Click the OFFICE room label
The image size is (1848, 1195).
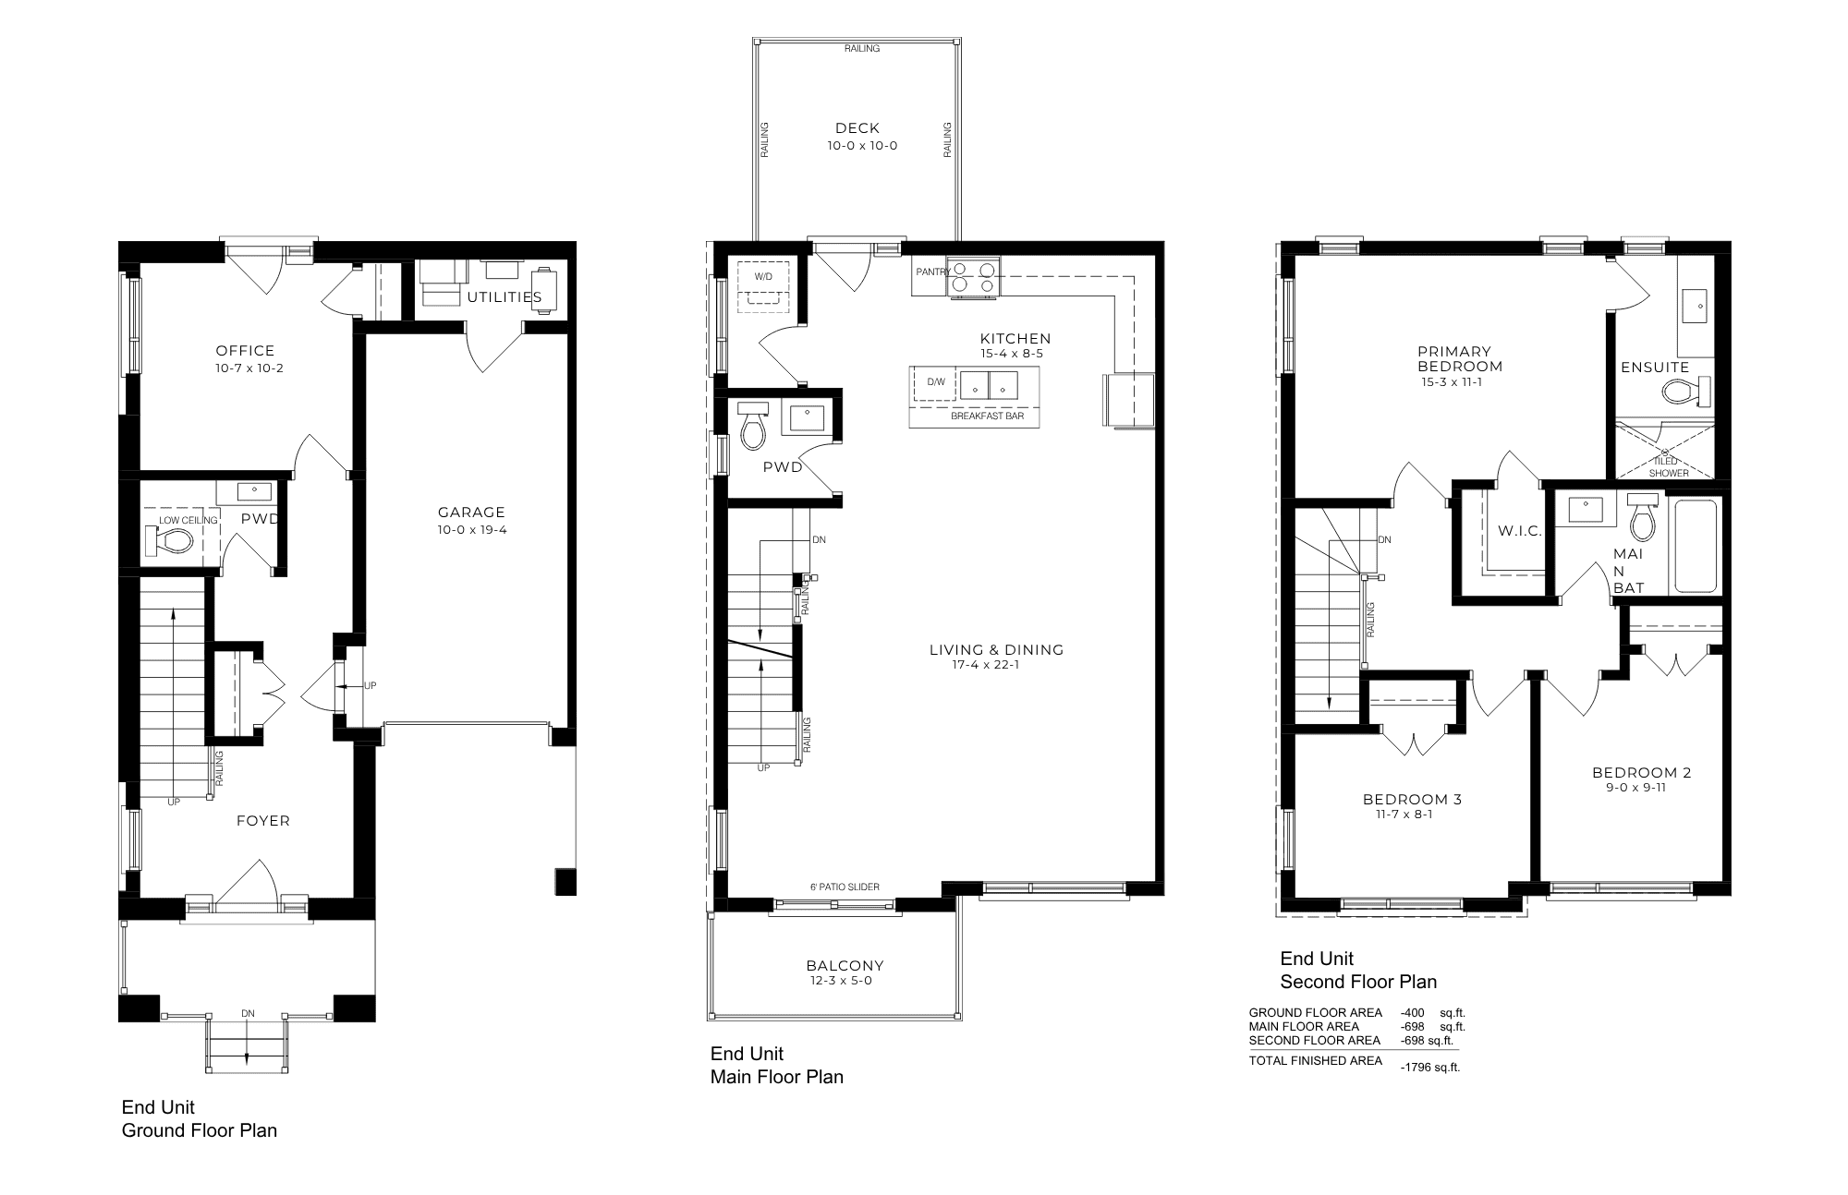tap(245, 351)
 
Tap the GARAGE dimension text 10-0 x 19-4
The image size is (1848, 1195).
tap(471, 530)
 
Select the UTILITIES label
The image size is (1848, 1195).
tap(505, 297)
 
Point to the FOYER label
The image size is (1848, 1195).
tap(263, 821)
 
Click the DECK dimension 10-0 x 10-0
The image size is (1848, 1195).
tap(862, 146)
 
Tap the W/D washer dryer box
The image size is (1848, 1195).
tap(763, 283)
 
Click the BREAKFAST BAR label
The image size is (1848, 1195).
tap(988, 416)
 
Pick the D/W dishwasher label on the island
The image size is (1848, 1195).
tap(936, 381)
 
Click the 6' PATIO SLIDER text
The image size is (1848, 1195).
tap(845, 887)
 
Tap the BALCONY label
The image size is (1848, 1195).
tap(845, 966)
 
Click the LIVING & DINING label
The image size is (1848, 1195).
tap(996, 650)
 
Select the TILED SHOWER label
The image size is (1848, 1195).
tap(1669, 467)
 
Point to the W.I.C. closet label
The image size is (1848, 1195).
tap(1520, 531)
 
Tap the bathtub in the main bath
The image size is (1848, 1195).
tap(1696, 546)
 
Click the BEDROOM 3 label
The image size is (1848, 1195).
tap(1412, 800)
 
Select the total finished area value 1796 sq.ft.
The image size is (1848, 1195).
tap(1429, 1068)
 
